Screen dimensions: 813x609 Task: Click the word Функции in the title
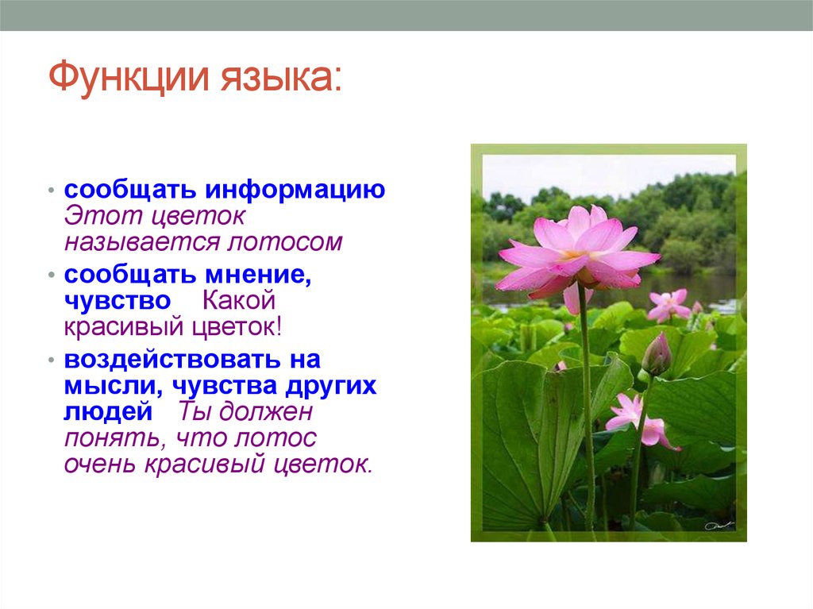point(129,77)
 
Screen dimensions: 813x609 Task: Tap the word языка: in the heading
point(282,78)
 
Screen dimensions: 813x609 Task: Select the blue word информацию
point(295,191)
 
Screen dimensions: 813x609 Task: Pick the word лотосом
point(285,241)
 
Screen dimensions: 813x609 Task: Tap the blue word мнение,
point(258,275)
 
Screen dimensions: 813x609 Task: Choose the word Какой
point(238,300)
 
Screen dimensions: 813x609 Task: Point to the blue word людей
point(108,412)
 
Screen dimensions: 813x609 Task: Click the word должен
point(265,412)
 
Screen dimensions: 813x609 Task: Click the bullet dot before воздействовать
point(52,360)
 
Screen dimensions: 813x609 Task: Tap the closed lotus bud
point(657,354)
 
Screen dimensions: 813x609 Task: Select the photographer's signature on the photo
point(719,526)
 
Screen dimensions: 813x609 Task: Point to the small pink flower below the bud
point(642,422)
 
